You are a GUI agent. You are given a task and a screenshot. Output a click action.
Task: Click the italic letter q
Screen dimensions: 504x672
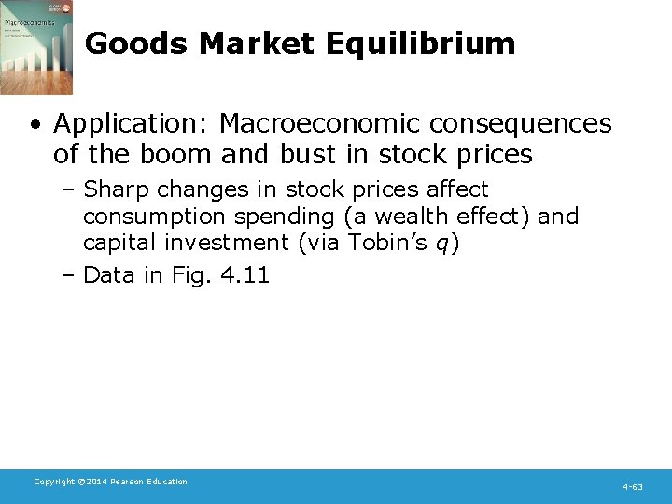(x=442, y=245)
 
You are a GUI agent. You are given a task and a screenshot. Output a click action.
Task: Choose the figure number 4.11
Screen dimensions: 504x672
(x=243, y=274)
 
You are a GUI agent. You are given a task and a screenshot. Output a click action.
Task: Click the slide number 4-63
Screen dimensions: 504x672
(x=633, y=487)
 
